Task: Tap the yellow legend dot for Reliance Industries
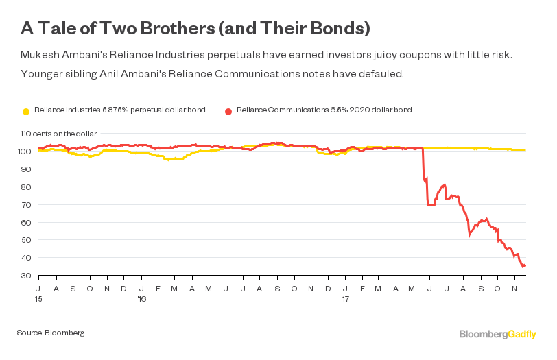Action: point(27,110)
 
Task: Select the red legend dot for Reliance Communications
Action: point(228,110)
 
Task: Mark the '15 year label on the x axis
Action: point(40,299)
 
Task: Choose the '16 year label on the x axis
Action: point(142,299)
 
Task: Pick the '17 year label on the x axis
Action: point(346,299)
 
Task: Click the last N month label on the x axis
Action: point(515,289)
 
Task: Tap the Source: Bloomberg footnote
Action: point(51,333)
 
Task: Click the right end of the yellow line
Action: point(525,149)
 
